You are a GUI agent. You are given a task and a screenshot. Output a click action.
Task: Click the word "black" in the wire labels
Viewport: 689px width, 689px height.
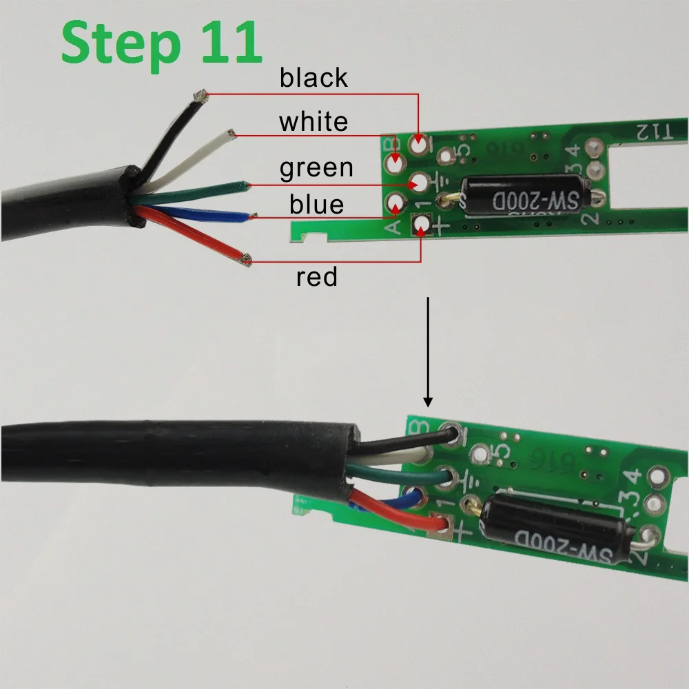(x=313, y=79)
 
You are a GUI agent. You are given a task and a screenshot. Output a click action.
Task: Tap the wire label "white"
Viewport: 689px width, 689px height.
(x=313, y=123)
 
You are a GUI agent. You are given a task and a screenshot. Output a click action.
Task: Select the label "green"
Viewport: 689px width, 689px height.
(x=316, y=168)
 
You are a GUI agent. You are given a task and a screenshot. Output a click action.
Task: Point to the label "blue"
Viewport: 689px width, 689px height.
(x=316, y=205)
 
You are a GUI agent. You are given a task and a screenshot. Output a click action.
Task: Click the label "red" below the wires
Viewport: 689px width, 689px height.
(x=317, y=278)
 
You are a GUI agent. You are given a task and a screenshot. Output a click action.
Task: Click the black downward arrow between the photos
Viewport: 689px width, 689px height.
(x=429, y=351)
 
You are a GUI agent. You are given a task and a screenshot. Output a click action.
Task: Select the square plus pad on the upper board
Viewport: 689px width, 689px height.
(x=420, y=223)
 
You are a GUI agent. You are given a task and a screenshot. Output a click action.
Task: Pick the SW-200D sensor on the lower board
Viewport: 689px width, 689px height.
(x=555, y=531)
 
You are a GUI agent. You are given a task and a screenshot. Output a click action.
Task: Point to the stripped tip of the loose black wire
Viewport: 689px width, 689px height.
(x=200, y=96)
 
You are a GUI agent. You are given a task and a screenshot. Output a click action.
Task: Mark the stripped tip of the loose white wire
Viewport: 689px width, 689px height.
(x=232, y=132)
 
